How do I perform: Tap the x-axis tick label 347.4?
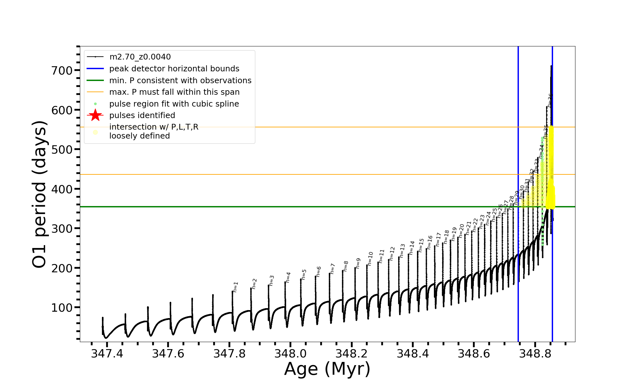click(107, 354)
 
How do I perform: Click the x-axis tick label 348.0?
click(290, 354)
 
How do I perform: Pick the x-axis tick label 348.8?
click(535, 354)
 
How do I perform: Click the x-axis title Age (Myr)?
click(327, 369)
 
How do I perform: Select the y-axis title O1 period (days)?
click(40, 194)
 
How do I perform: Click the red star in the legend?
click(95, 115)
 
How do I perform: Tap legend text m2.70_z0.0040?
click(140, 57)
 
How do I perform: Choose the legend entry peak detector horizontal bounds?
click(174, 69)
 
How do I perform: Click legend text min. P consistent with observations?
click(180, 80)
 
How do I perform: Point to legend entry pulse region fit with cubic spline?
click(174, 104)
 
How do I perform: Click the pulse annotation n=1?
click(235, 287)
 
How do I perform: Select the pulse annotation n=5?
click(304, 275)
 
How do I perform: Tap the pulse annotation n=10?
click(370, 259)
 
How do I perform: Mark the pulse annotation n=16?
click(430, 242)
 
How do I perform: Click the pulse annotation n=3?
click(272, 280)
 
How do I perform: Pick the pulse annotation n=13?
click(402, 251)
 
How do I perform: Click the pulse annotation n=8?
click(346, 266)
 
